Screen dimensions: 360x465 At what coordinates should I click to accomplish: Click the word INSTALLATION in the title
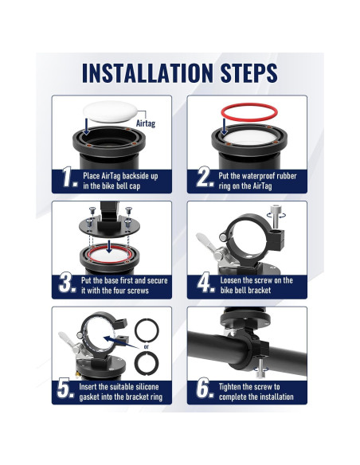click(147, 72)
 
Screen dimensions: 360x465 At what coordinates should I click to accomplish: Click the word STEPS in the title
click(249, 72)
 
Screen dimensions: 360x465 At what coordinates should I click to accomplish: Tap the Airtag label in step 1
click(146, 123)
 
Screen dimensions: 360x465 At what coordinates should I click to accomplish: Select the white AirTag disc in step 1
click(111, 111)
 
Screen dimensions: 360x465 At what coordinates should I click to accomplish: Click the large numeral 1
click(69, 177)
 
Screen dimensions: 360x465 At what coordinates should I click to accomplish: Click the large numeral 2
click(205, 177)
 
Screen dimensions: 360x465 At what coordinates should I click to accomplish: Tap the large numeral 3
click(67, 283)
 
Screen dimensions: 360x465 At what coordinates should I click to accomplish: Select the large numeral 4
click(205, 283)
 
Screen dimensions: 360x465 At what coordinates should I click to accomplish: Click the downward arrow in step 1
click(86, 127)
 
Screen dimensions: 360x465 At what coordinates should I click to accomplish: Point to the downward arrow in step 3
click(110, 247)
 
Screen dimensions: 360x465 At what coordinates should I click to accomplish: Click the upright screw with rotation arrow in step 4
click(276, 217)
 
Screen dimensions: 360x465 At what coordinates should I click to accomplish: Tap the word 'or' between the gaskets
click(147, 346)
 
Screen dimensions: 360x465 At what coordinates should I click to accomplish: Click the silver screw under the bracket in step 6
click(260, 369)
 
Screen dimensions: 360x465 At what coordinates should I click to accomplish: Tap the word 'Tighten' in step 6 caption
click(230, 387)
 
